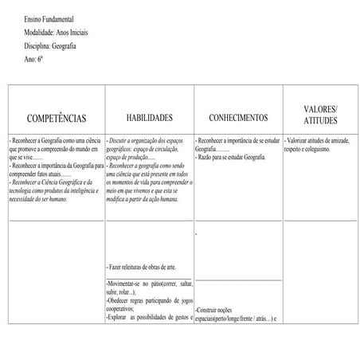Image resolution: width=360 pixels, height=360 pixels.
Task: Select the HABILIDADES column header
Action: click(149, 117)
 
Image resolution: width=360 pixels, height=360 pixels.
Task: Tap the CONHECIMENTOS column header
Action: click(239, 118)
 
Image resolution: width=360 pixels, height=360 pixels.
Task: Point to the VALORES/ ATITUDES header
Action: click(321, 114)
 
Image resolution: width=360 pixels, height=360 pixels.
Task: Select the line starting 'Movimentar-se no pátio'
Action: click(148, 284)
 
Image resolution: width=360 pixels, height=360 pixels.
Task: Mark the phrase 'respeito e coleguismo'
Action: click(311, 147)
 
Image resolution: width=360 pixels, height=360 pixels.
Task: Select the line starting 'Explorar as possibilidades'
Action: click(148, 318)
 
